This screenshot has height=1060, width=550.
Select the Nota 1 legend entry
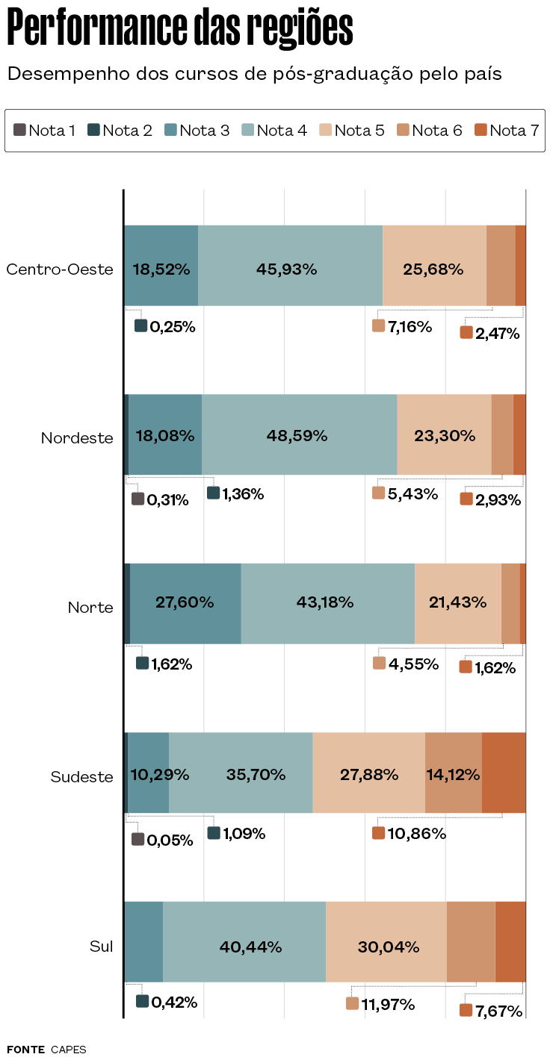pyautogui.click(x=45, y=131)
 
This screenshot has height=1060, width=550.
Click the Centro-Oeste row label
pyautogui.click(x=60, y=269)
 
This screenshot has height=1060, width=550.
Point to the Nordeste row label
pyautogui.click(x=77, y=438)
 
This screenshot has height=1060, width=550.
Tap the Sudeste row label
pyautogui.click(x=82, y=777)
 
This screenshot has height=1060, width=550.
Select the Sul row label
pyautogui.click(x=102, y=947)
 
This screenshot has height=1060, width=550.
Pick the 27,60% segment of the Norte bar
pyautogui.click(x=185, y=602)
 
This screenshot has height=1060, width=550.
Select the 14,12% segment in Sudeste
pyautogui.click(x=453, y=774)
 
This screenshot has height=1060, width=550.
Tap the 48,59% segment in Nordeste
pyautogui.click(x=297, y=435)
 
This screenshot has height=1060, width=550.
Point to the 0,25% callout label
pyautogui.click(x=165, y=326)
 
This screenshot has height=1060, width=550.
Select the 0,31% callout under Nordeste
pyautogui.click(x=160, y=499)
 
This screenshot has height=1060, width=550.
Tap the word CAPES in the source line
pyautogui.click(x=69, y=1050)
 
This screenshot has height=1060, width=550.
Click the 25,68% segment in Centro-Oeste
pyautogui.click(x=433, y=269)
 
